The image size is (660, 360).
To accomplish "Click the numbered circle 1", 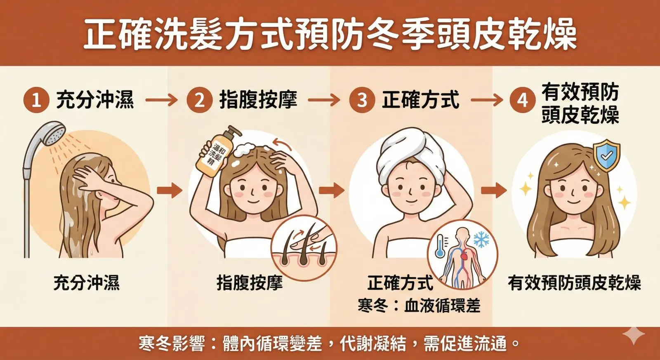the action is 36,100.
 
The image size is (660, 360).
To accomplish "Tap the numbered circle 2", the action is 200,100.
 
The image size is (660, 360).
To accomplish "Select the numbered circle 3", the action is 362,100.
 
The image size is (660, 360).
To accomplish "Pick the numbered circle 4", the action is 523,100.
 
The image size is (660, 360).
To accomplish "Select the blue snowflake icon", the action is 481,239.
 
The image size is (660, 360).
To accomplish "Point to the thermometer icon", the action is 440,246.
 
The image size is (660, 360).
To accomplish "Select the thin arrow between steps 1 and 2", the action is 161,100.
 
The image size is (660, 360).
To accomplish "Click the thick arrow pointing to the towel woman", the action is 331,190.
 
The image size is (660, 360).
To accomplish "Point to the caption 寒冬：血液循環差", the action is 419,306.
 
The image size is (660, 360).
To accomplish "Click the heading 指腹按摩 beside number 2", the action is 258,100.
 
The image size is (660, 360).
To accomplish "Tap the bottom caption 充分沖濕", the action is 87,283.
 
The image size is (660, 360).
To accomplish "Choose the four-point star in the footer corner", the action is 634,336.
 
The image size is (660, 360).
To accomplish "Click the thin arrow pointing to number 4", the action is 487,100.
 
